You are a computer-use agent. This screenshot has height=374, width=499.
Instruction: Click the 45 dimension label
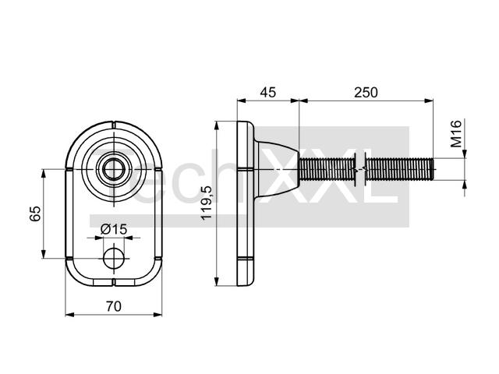pyautogui.click(x=268, y=92)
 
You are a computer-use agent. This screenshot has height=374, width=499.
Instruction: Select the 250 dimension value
pyautogui.click(x=366, y=92)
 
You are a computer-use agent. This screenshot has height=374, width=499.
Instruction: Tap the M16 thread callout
pyautogui.click(x=456, y=133)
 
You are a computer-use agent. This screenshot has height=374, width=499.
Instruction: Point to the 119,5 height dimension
pyautogui.click(x=206, y=203)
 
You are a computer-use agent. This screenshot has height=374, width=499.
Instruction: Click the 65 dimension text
pyautogui.click(x=35, y=213)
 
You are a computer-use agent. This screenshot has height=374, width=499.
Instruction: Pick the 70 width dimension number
pyautogui.click(x=114, y=306)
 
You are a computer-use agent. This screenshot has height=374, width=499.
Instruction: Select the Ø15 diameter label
pyautogui.click(x=114, y=229)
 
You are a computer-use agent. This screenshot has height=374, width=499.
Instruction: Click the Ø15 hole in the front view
pyautogui.click(x=114, y=258)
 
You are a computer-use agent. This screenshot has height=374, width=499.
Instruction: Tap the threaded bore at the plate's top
pyautogui.click(x=114, y=169)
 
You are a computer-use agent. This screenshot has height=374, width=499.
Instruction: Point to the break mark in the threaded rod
pyautogui.click(x=360, y=170)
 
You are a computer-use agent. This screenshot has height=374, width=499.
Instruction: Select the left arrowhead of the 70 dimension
pyautogui.click(x=69, y=315)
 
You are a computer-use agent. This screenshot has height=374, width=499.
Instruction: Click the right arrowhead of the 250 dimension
pyautogui.click(x=429, y=101)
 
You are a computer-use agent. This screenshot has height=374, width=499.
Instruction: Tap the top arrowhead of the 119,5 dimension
pyautogui.click(x=217, y=125)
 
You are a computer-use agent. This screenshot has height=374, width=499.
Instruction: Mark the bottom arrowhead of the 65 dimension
pyautogui.click(x=44, y=254)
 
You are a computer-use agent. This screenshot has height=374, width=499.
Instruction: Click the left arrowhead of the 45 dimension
pyautogui.click(x=242, y=101)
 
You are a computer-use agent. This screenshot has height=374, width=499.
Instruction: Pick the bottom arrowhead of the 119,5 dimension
pyautogui.click(x=217, y=281)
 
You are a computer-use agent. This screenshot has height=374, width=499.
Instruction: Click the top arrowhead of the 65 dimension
pyautogui.click(x=44, y=174)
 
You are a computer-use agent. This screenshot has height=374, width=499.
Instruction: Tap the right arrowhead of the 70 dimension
pyautogui.click(x=157, y=315)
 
